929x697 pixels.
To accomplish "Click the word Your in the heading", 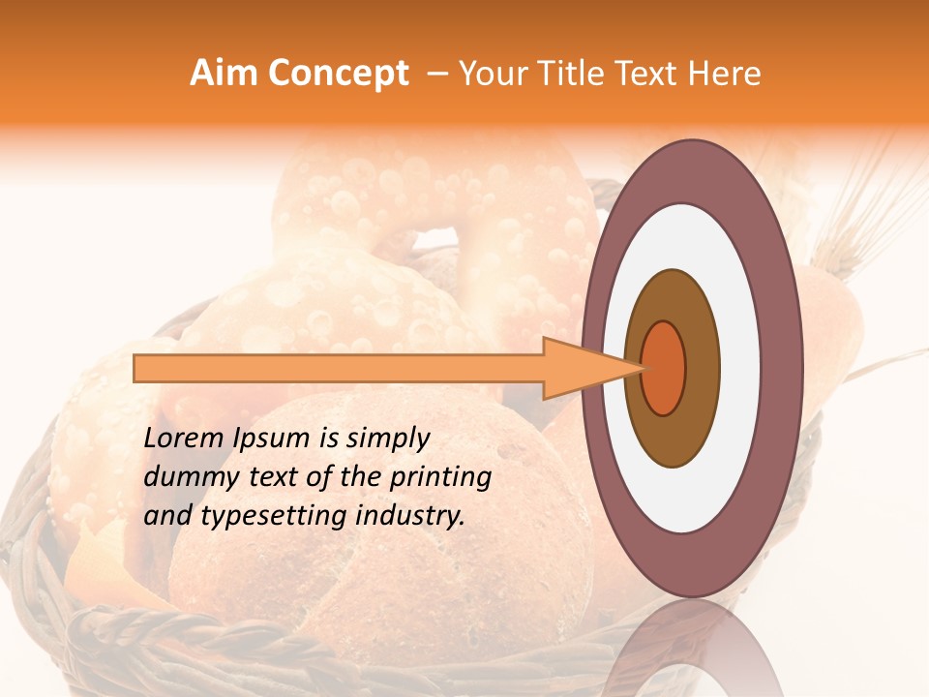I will [x=493, y=74].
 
